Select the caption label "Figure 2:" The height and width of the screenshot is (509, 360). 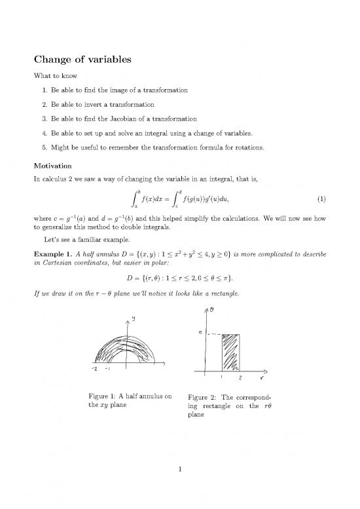pos(204,397)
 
